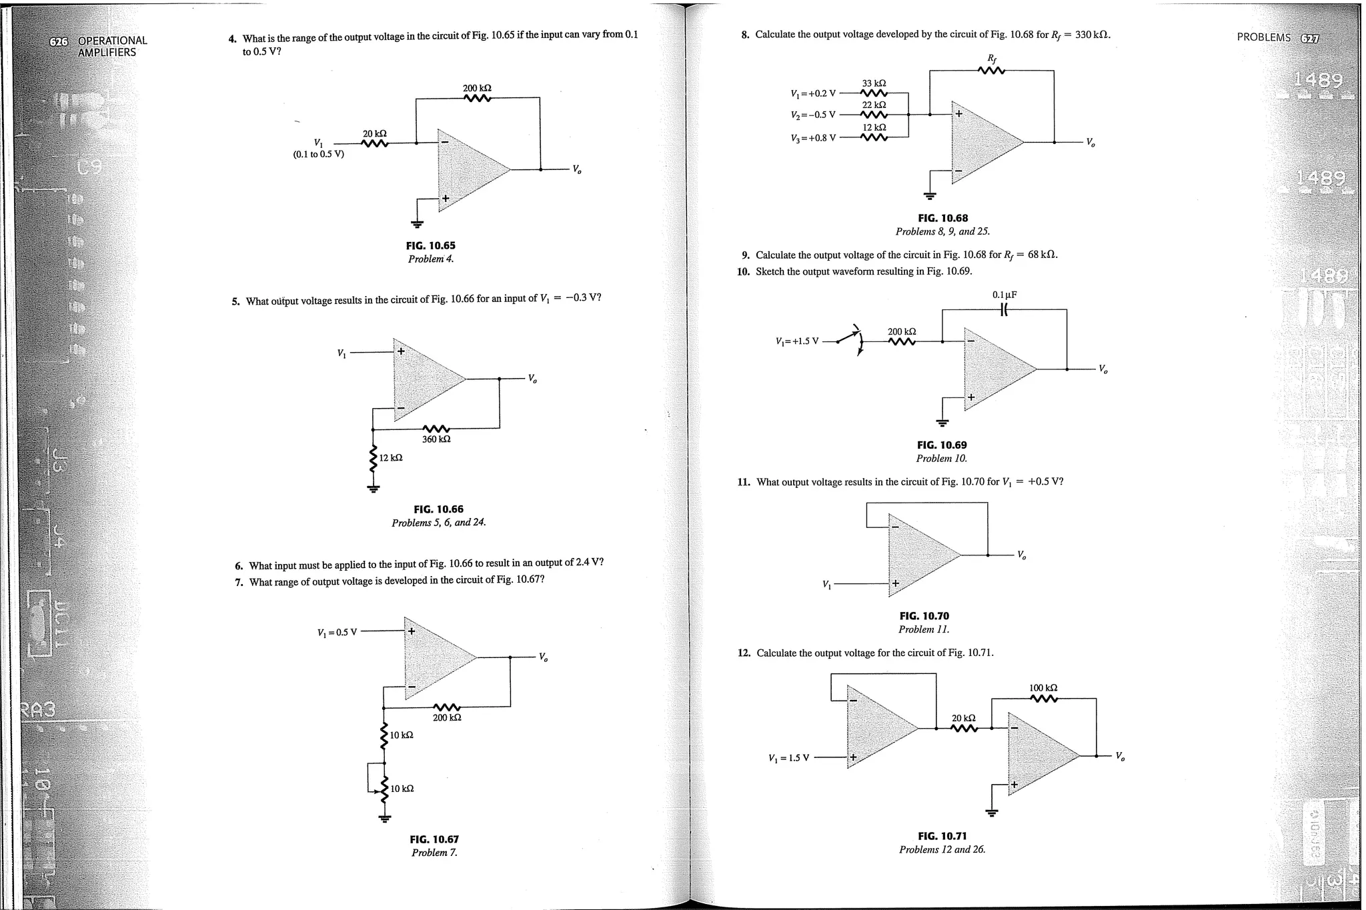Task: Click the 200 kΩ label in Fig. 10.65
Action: point(477,88)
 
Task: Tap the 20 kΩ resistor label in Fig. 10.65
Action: point(374,134)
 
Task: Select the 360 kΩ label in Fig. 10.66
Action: point(436,439)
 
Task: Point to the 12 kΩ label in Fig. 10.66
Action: point(391,458)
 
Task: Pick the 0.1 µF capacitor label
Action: point(1004,295)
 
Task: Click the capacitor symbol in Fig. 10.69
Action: point(1004,309)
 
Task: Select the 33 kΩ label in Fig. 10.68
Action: point(874,83)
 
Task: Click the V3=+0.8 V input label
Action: point(812,139)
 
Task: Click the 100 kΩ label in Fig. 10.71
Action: point(1043,687)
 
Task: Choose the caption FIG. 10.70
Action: point(924,616)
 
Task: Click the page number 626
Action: point(59,41)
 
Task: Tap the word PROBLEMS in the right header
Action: point(1263,37)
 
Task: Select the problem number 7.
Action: point(239,582)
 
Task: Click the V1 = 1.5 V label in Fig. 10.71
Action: point(788,758)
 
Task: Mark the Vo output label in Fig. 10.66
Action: point(532,379)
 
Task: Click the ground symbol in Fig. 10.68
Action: point(930,196)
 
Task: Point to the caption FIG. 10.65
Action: point(430,245)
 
